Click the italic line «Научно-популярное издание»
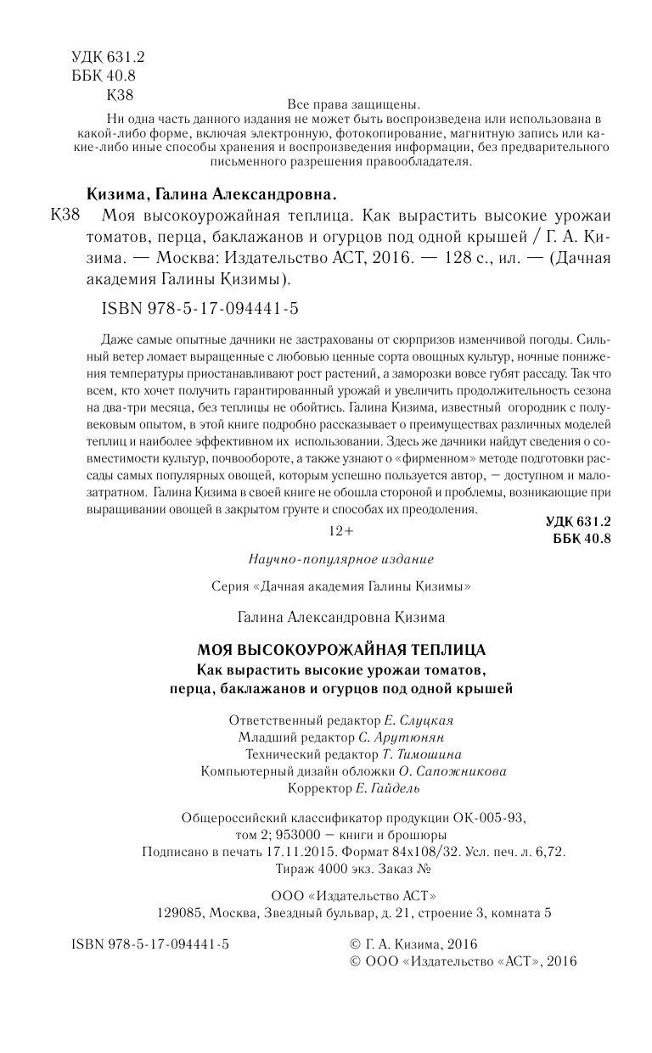pyautogui.click(x=340, y=559)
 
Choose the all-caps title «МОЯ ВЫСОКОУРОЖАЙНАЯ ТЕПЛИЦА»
pyautogui.click(x=340, y=650)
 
